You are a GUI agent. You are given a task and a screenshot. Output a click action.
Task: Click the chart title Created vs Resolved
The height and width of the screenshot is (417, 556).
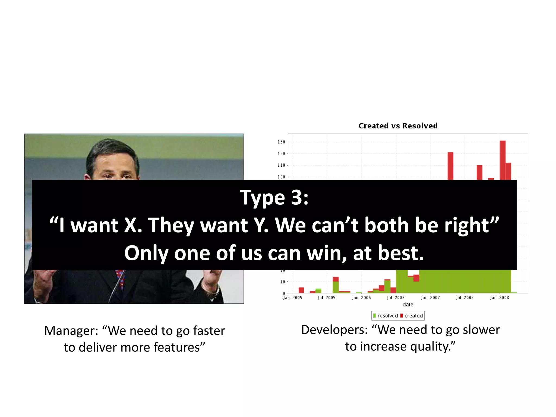tap(398, 126)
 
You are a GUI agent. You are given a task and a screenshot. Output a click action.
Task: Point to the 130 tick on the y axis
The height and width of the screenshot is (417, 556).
tap(281, 142)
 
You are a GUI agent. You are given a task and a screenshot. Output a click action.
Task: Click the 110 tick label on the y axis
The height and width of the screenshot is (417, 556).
tap(281, 165)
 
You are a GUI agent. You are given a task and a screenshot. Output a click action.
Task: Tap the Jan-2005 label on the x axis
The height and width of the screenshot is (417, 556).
tap(292, 298)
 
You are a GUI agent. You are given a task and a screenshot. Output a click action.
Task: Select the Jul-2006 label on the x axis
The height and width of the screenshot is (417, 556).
tap(396, 298)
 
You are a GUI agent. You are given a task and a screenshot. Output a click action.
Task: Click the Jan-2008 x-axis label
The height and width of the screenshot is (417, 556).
tap(499, 298)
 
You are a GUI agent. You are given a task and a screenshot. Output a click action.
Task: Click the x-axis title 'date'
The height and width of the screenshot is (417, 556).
tap(408, 305)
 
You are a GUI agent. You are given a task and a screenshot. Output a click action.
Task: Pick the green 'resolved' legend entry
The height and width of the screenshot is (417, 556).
tap(386, 316)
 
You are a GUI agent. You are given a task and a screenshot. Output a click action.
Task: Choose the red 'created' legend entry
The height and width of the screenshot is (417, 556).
tap(412, 316)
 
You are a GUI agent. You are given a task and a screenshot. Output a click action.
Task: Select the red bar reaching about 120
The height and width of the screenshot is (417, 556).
tap(450, 166)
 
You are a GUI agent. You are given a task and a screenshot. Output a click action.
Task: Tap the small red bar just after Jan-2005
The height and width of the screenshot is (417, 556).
tap(301, 290)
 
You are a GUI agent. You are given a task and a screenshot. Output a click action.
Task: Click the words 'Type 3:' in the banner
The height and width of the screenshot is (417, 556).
tap(274, 197)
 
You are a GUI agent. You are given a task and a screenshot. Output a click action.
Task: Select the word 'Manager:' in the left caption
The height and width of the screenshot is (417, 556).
tap(71, 331)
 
